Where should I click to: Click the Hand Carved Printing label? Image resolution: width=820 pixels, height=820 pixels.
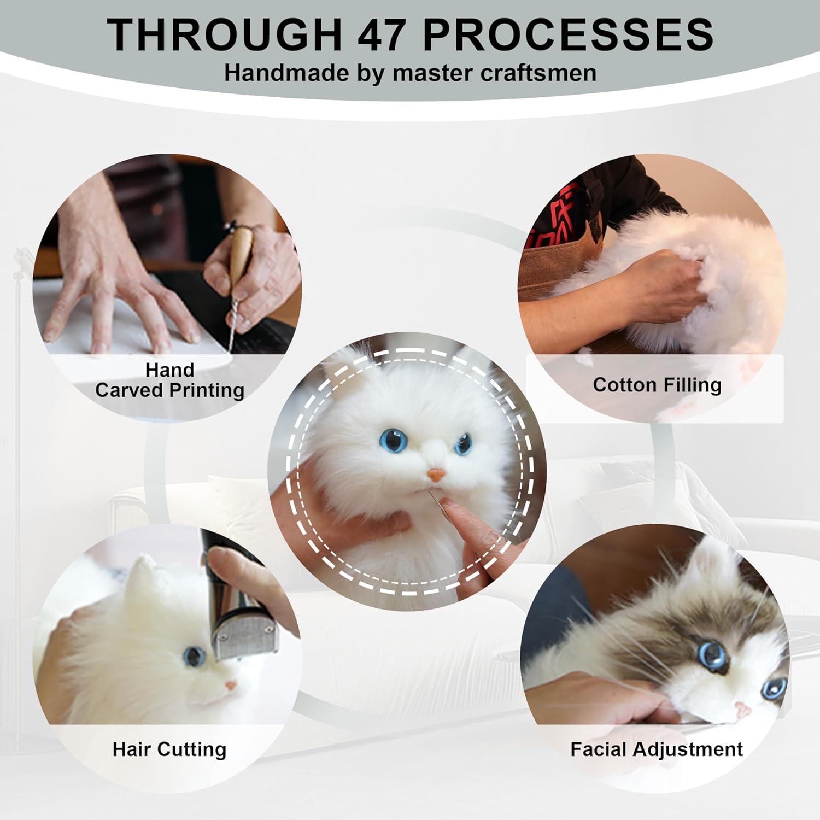[169, 380]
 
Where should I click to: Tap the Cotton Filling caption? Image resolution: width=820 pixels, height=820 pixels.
[657, 385]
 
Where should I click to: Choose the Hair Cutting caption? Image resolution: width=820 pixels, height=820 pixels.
[169, 749]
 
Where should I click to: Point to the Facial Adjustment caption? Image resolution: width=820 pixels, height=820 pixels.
[657, 749]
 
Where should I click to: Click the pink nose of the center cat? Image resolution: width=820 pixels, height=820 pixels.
[435, 474]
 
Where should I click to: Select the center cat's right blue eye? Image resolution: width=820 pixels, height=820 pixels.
[464, 443]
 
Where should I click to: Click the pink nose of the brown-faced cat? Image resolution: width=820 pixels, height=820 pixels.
[742, 709]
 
